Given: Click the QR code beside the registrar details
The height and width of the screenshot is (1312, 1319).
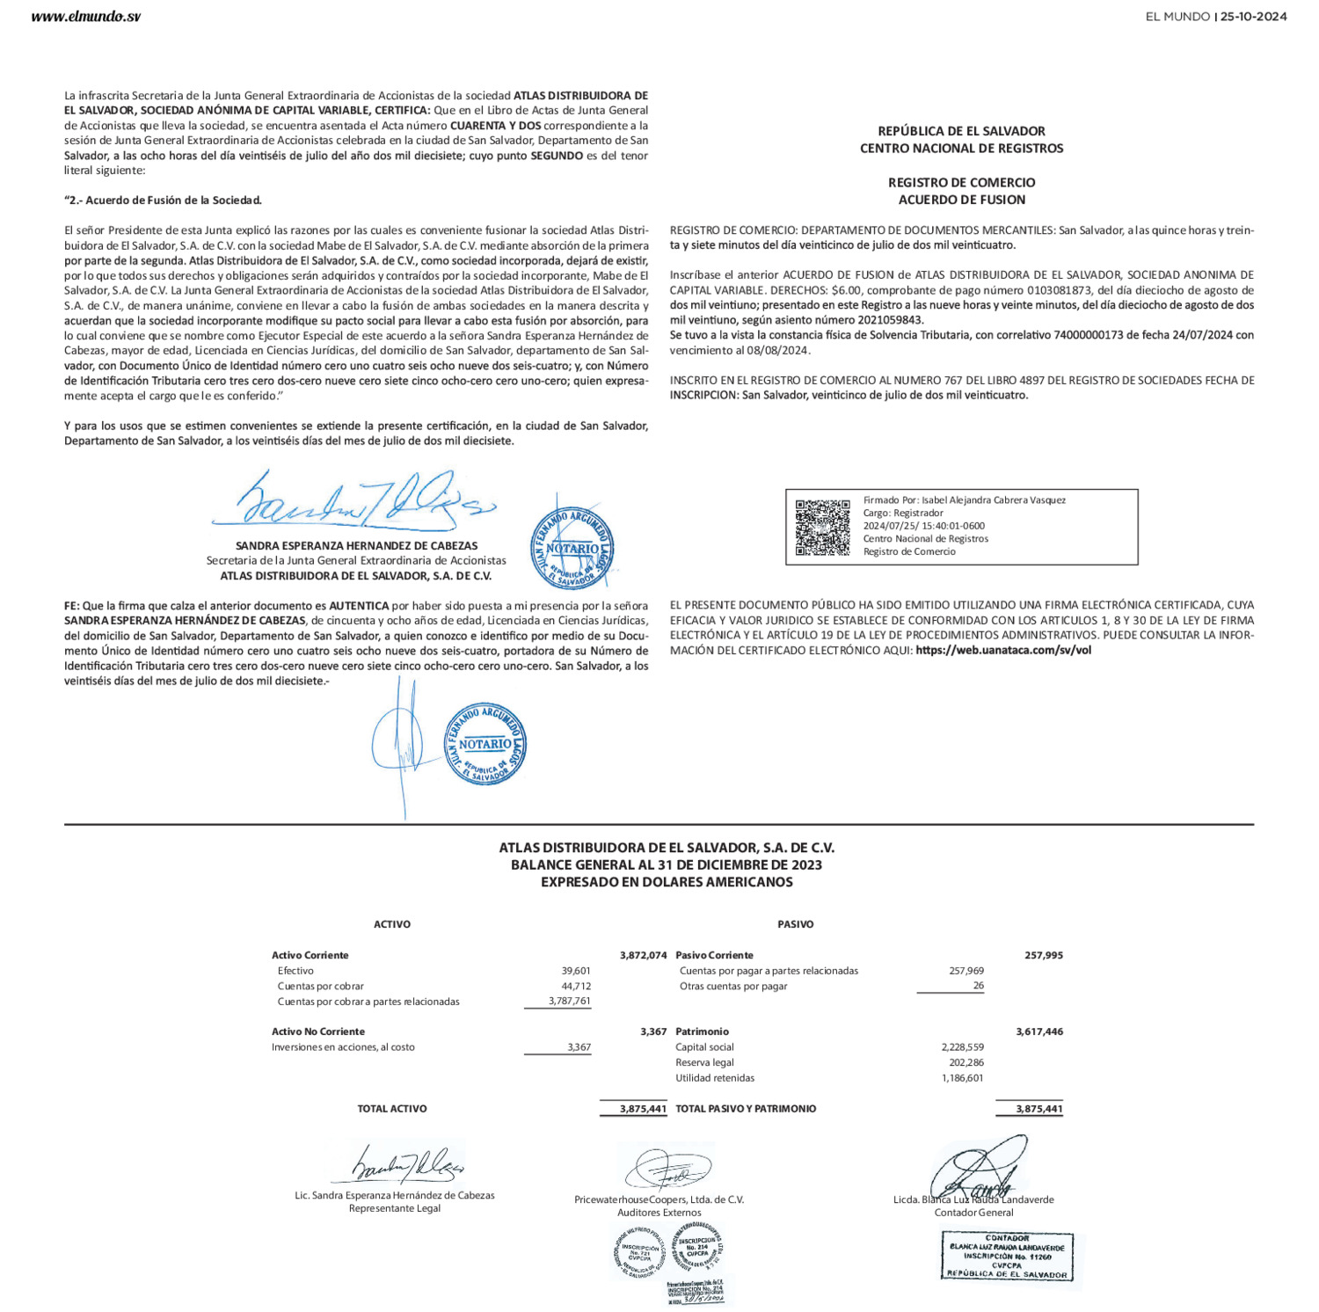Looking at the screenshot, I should [822, 527].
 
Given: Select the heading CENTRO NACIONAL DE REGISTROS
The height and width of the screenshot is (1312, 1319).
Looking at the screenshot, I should [961, 149].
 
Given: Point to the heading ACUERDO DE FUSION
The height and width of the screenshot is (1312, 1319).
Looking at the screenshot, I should [961, 200].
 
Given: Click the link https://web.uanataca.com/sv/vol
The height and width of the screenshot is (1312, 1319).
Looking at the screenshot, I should [1002, 651].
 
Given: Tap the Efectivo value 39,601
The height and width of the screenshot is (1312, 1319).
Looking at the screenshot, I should [576, 971].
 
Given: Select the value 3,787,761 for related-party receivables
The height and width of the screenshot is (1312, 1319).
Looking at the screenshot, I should [569, 1002].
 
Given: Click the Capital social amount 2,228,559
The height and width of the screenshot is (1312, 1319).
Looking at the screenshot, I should [962, 1047].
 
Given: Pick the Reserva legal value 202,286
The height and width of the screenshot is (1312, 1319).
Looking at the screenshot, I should [966, 1062].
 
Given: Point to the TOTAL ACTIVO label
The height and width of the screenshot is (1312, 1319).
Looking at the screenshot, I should [392, 1109].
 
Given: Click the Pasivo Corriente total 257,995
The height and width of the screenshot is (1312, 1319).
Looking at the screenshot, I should [1043, 955].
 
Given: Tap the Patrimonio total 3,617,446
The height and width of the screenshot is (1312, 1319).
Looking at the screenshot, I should [1038, 1031].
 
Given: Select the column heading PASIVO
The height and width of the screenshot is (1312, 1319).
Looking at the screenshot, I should [795, 924].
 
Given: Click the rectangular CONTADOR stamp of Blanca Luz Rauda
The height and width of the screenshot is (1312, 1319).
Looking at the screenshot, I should [1007, 1256].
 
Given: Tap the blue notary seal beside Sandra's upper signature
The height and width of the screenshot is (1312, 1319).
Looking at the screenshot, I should [572, 549].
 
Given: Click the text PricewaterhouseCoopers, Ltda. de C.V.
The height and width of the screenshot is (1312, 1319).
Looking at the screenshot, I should [659, 1199].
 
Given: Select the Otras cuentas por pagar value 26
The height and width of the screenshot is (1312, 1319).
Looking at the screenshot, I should [978, 986].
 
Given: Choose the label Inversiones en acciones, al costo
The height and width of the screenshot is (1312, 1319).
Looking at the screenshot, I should [343, 1047].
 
